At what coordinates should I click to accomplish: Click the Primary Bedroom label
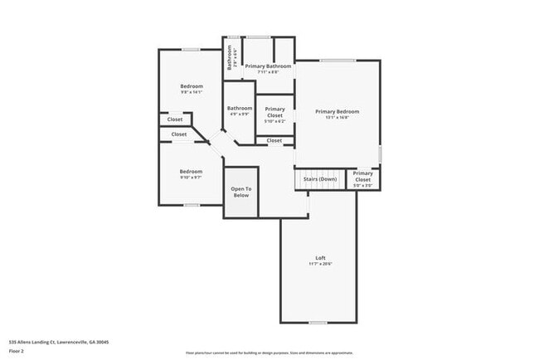337,111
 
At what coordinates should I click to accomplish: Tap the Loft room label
320,257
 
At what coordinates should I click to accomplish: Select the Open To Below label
240,192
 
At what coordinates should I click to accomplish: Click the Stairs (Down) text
320,179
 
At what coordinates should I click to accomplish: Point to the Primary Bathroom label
267,66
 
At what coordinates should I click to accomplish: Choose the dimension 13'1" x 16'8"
337,118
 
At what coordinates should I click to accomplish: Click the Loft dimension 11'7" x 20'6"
320,264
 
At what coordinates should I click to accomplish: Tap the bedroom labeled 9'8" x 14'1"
192,86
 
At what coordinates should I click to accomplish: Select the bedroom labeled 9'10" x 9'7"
192,172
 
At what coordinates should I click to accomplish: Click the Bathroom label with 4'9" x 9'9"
240,108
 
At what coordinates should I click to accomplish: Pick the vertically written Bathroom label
230,56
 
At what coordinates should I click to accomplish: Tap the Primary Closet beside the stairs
362,176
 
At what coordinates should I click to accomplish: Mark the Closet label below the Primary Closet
274,141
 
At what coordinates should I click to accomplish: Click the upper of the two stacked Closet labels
175,119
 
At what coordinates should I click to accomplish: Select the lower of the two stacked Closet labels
179,134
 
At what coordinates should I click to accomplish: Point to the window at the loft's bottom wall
318,322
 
